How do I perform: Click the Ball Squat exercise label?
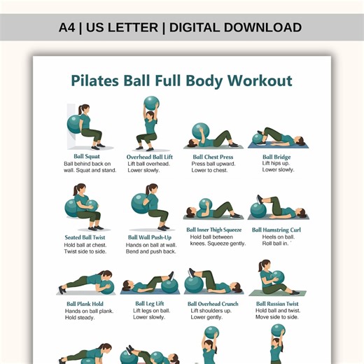click(x=87, y=157)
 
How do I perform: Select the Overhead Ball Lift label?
click(x=150, y=157)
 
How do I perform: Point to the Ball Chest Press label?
click(x=213, y=157)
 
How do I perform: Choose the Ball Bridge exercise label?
click(x=277, y=157)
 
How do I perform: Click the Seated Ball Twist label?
click(x=85, y=237)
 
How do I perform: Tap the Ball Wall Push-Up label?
click(x=150, y=237)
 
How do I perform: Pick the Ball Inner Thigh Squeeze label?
click(x=213, y=229)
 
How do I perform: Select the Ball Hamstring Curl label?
click(x=276, y=229)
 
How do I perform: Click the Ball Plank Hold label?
click(x=85, y=304)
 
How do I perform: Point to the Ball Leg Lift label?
click(x=150, y=304)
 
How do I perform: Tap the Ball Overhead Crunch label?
click(x=213, y=304)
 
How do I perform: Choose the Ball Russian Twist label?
click(x=277, y=304)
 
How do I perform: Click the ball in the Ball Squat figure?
click(x=74, y=124)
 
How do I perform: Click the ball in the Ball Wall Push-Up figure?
click(x=140, y=203)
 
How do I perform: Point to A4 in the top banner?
click(x=70, y=28)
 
